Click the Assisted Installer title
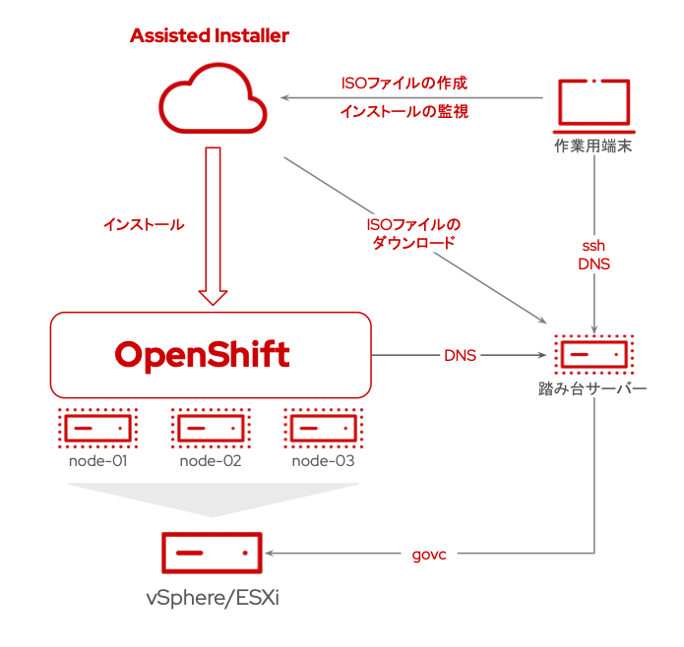pyautogui.click(x=210, y=36)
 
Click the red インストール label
pyautogui.click(x=143, y=224)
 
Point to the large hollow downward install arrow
pyautogui.click(x=213, y=226)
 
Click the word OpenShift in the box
pyautogui.click(x=203, y=354)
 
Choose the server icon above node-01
pyautogui.click(x=97, y=428)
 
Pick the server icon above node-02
pyautogui.click(x=211, y=428)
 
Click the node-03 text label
pyautogui.click(x=323, y=459)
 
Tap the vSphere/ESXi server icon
pyautogui.click(x=212, y=554)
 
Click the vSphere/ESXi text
pyautogui.click(x=212, y=599)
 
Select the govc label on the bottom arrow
pyautogui.click(x=429, y=555)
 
